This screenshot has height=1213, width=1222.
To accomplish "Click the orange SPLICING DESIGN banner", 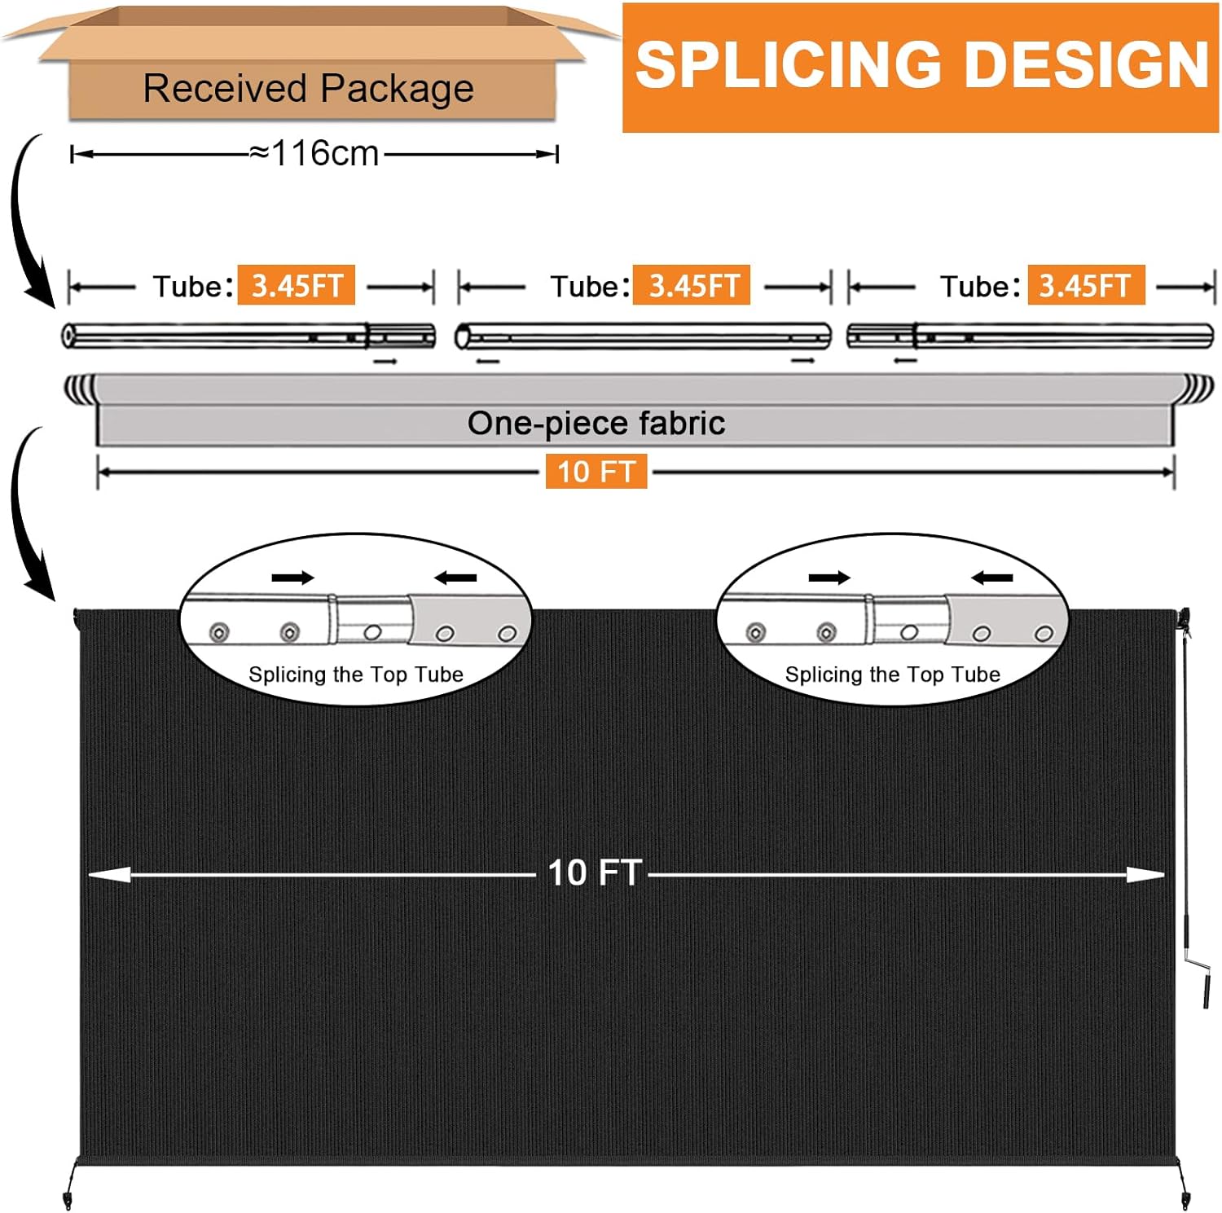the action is tap(921, 68).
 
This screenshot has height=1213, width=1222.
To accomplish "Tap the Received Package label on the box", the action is tap(308, 88).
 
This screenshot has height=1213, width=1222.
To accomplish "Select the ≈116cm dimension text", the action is tap(314, 153).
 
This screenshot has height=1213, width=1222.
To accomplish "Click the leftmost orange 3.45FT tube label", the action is tap(297, 285).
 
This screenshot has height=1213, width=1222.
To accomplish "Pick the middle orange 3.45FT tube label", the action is tap(692, 285).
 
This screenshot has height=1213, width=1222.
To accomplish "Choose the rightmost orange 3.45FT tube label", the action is tap(1086, 285).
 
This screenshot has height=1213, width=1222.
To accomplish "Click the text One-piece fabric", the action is tap(596, 423).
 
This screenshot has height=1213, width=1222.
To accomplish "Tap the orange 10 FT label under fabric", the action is tap(596, 472).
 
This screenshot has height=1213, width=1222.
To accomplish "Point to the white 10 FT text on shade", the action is tap(595, 873).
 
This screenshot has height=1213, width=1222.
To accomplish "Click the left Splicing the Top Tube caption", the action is tap(356, 675).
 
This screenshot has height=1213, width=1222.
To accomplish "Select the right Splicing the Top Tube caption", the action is tap(893, 675).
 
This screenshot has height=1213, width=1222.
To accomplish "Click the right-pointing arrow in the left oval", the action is tap(293, 578).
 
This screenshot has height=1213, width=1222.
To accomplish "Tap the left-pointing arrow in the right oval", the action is tap(992, 578).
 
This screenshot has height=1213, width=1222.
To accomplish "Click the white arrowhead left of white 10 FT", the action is tap(109, 874).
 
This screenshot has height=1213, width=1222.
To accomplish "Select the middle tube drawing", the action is tap(643, 336).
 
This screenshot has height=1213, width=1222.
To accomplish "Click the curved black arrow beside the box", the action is tap(29, 220).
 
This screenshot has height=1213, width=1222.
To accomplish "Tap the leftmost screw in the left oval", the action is tap(219, 632).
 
